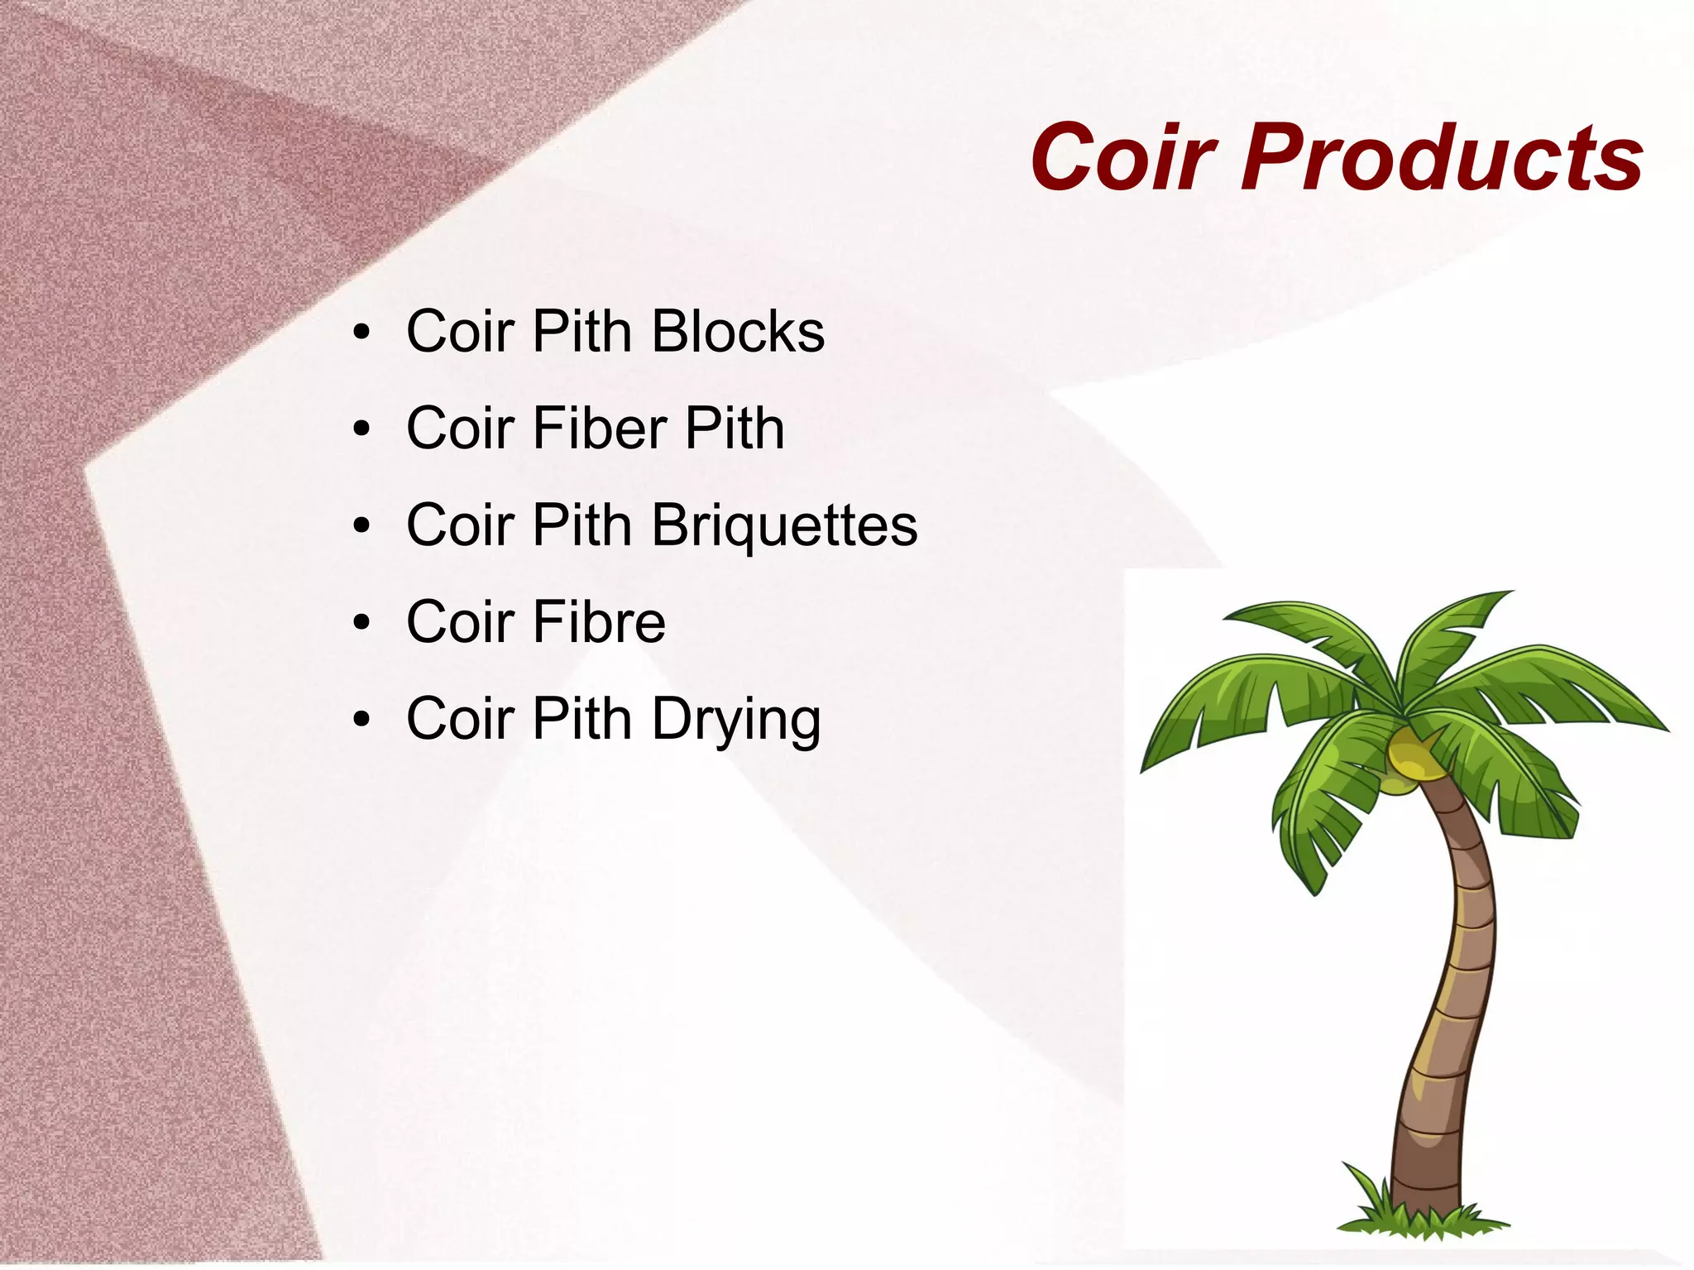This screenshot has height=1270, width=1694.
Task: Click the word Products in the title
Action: coord(1443,157)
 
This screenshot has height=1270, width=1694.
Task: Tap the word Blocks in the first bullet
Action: coord(738,332)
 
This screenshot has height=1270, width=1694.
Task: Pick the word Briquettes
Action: coord(784,526)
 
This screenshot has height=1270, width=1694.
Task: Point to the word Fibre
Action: coord(599,622)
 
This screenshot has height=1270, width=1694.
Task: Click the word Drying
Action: coord(736,720)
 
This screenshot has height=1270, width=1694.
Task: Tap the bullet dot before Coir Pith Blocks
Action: coord(361,333)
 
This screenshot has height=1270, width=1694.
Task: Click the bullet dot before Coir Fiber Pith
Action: coord(361,429)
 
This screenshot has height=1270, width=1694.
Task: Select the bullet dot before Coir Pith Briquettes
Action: coord(361,526)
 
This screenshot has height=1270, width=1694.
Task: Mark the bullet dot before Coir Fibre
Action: coord(361,623)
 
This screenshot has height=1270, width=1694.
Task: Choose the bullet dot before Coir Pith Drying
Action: coord(361,720)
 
